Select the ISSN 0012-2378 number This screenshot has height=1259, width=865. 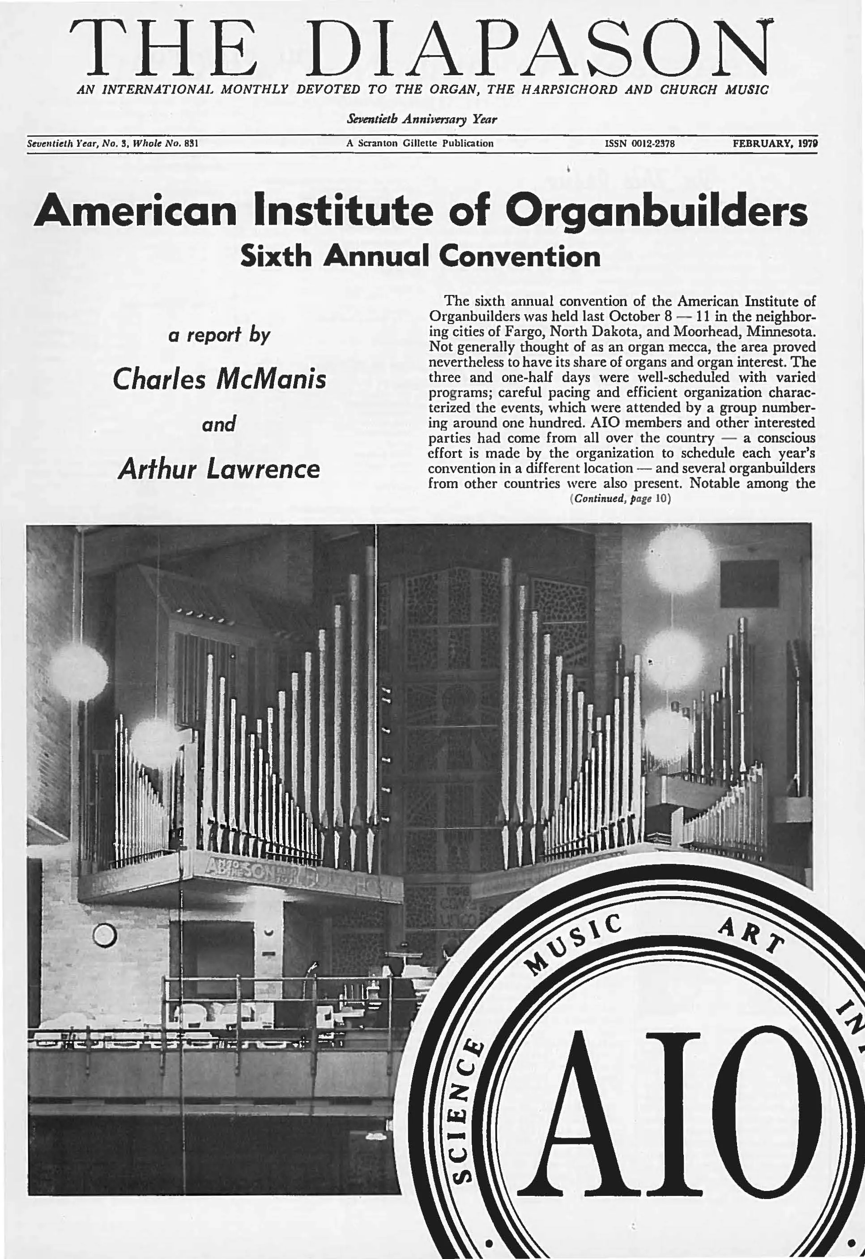click(639, 144)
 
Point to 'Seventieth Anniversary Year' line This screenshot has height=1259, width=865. click(422, 119)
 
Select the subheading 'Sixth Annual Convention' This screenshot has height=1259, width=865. click(421, 256)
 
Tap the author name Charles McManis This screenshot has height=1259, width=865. click(220, 379)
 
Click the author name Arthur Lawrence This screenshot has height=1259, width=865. click(219, 468)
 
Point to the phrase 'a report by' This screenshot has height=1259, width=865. click(219, 334)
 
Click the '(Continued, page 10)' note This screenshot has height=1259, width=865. click(621, 499)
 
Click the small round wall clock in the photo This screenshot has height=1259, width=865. click(105, 933)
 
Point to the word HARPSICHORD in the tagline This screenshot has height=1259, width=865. click(569, 90)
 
